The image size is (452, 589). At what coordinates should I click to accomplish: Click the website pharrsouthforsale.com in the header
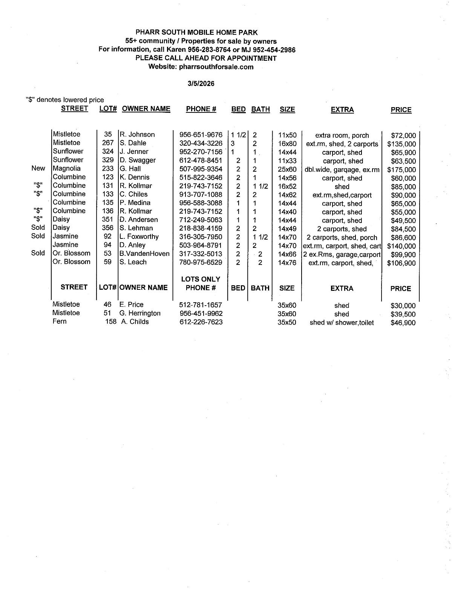[x=216, y=67]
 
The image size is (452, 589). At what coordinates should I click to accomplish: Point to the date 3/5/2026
[x=201, y=84]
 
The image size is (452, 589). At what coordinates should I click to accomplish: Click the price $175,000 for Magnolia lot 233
[x=401, y=170]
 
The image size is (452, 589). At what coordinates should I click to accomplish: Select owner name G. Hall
[x=130, y=169]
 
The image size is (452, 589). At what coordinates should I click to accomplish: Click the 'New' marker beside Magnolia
[x=38, y=168]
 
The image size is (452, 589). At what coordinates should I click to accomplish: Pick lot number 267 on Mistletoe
[x=108, y=143]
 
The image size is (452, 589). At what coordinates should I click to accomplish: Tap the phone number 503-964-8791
[x=201, y=245]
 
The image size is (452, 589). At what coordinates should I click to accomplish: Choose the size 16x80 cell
[x=287, y=144]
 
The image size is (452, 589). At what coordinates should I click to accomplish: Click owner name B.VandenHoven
[x=144, y=254]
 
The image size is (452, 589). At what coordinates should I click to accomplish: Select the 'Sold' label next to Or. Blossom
[x=38, y=253]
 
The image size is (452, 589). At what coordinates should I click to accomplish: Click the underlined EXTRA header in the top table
[x=342, y=110]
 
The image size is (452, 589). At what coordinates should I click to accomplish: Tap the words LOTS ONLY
[x=201, y=279]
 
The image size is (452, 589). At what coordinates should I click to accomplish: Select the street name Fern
[x=60, y=321]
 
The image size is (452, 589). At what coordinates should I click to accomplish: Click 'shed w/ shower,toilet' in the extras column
[x=342, y=323]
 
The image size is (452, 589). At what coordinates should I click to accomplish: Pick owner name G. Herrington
[x=140, y=313]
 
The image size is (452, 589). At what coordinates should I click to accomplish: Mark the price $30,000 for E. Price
[x=403, y=306]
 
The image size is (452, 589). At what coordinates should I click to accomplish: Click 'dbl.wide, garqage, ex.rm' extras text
[x=342, y=170]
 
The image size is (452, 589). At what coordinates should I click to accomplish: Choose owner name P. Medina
[x=135, y=203]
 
